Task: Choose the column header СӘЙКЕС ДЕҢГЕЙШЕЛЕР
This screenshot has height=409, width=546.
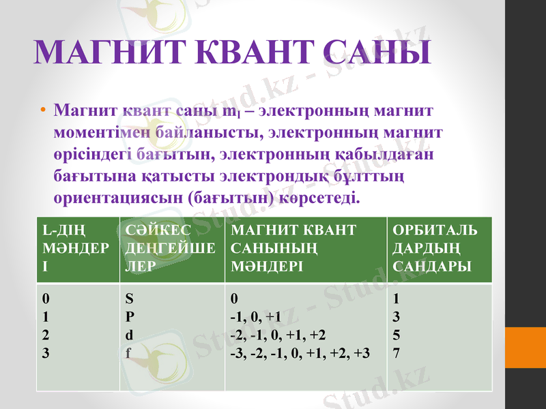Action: pyautogui.click(x=171, y=248)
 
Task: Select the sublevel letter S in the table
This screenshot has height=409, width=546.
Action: pyautogui.click(x=130, y=299)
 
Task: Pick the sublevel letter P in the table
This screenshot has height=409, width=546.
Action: pyautogui.click(x=130, y=316)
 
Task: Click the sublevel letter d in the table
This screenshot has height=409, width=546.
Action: pyautogui.click(x=130, y=335)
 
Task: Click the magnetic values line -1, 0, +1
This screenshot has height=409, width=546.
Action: pyautogui.click(x=255, y=316)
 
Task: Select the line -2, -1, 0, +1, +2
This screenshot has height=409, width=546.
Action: pyautogui.click(x=278, y=335)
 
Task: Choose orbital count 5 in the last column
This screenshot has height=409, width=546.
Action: pyautogui.click(x=397, y=335)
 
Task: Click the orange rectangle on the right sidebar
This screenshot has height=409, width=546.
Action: pyautogui.click(x=526, y=347)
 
